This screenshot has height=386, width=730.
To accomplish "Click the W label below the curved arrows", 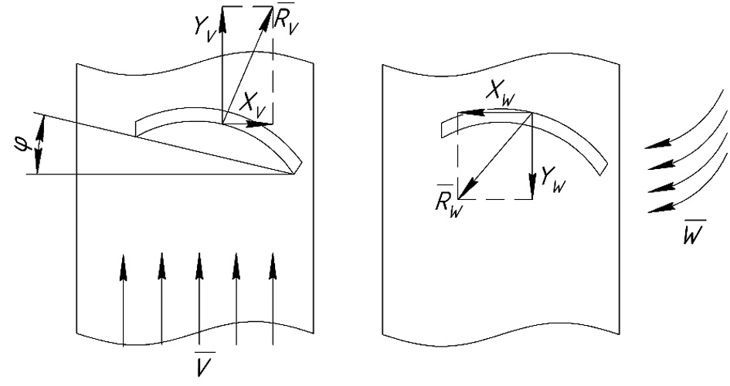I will [692, 232].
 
